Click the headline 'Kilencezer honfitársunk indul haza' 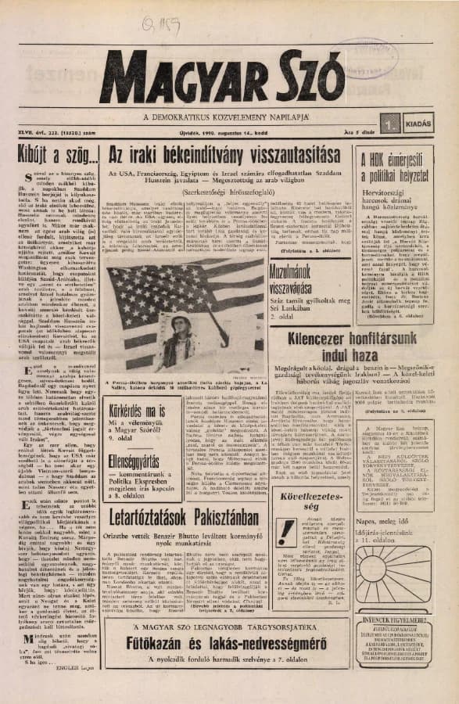357,350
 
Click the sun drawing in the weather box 400,591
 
